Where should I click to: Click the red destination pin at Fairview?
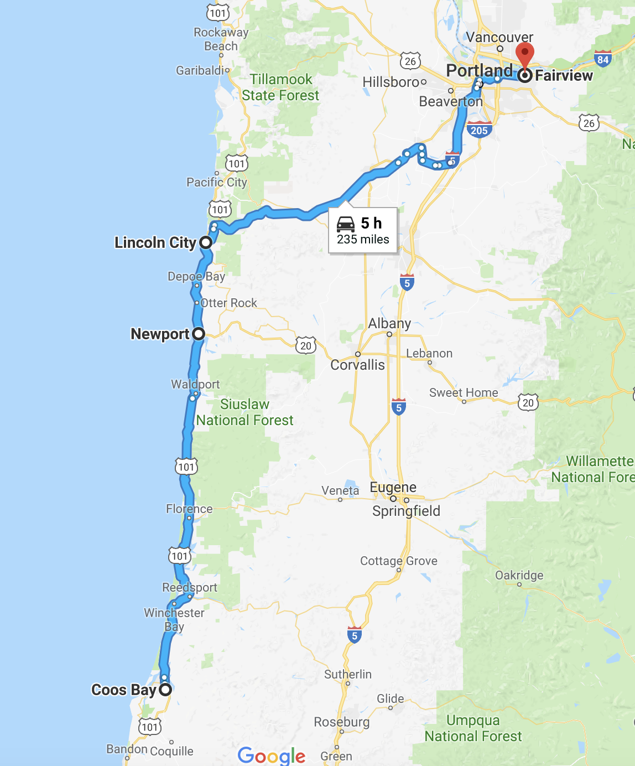[524, 56]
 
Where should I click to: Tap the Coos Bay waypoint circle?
[165, 690]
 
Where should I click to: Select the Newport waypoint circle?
[199, 334]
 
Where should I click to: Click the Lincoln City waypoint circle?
[206, 242]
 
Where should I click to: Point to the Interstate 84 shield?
[602, 59]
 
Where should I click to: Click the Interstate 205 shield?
[479, 130]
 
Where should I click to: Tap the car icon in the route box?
[346, 224]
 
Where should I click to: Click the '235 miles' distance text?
[363, 239]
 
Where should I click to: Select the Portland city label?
[479, 70]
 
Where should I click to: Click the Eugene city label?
[393, 487]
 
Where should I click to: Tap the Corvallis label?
[357, 365]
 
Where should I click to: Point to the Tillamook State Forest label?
[280, 87]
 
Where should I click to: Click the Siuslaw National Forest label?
[244, 412]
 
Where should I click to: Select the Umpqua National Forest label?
[473, 728]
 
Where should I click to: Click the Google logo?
[271, 755]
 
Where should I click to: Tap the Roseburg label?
[341, 722]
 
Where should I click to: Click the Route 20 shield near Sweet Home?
[528, 402]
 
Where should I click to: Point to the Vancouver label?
[499, 37]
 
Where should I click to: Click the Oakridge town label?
[519, 575]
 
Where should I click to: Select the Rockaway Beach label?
[221, 39]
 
